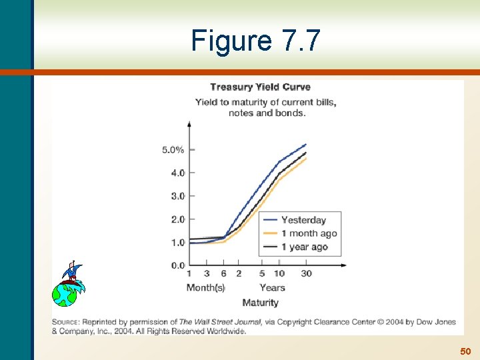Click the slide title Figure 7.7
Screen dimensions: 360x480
(255, 41)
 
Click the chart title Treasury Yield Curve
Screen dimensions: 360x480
(260, 87)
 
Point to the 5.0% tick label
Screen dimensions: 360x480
(173, 149)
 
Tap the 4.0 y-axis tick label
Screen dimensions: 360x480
(177, 173)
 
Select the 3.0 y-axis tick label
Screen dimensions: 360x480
(177, 196)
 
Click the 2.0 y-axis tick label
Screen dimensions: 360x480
(177, 219)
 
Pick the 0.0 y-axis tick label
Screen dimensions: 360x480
(177, 265)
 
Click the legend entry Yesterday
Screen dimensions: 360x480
(303, 220)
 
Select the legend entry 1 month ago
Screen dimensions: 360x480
(309, 233)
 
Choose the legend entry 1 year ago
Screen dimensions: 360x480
(305, 247)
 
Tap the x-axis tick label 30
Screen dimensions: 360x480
(306, 273)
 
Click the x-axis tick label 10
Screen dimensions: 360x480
(279, 273)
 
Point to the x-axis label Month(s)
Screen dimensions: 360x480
(205, 287)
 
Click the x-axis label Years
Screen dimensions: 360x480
(272, 287)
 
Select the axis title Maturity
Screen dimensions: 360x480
(260, 303)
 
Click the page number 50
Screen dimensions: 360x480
(465, 351)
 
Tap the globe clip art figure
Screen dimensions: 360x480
(67, 285)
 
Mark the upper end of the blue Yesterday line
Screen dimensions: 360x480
(305, 144)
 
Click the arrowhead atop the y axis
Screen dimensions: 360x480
(189, 124)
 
